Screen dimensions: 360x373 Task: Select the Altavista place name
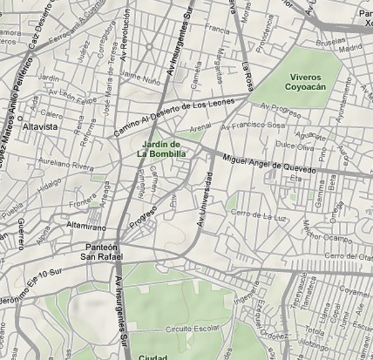40,126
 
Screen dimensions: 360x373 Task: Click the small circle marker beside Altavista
20,118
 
